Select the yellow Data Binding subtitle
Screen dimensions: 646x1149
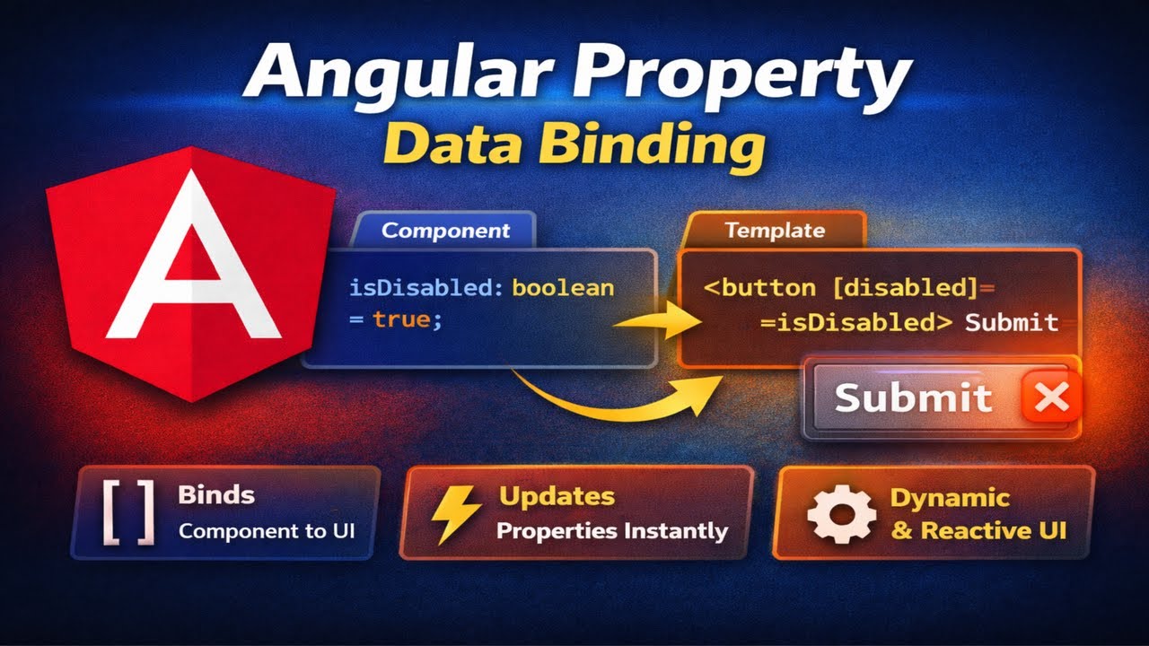574,144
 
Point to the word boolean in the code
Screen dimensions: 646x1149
563,288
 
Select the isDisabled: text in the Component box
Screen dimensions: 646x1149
426,288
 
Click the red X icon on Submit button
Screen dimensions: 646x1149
1049,397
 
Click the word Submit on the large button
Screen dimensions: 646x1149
913,397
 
